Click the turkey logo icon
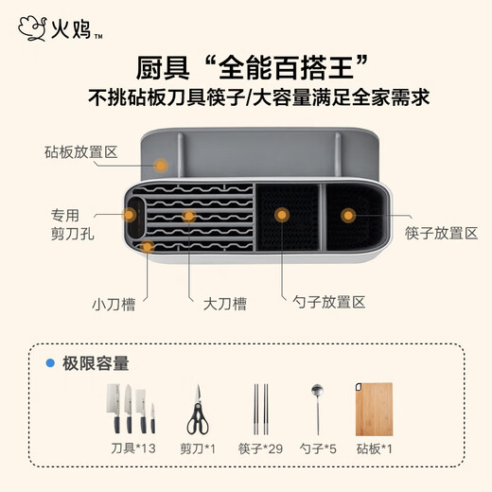(x=32, y=28)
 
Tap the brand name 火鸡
(x=71, y=28)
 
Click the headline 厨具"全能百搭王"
(x=253, y=67)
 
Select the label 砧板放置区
(x=81, y=152)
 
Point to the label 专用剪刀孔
(x=72, y=224)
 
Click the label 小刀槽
(x=114, y=305)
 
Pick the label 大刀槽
(x=225, y=304)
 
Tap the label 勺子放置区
(x=329, y=302)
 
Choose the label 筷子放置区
(x=442, y=234)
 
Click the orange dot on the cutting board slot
(x=161, y=166)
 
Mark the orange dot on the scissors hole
(x=129, y=215)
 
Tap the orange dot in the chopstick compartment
(x=348, y=216)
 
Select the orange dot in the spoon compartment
(x=282, y=215)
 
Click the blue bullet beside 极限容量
(x=50, y=363)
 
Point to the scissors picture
(x=198, y=410)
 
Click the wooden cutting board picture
(x=374, y=410)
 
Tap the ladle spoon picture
(x=317, y=410)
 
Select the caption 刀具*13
(x=133, y=448)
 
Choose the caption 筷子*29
(x=260, y=448)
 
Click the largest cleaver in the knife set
(x=114, y=408)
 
